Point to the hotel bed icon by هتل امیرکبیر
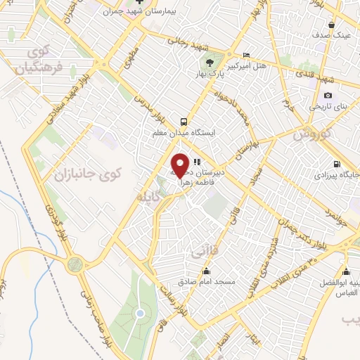[245, 56]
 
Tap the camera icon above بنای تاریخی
[328, 96]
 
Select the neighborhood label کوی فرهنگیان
[37, 61]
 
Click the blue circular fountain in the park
[140, 312]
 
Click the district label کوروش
[311, 132]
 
